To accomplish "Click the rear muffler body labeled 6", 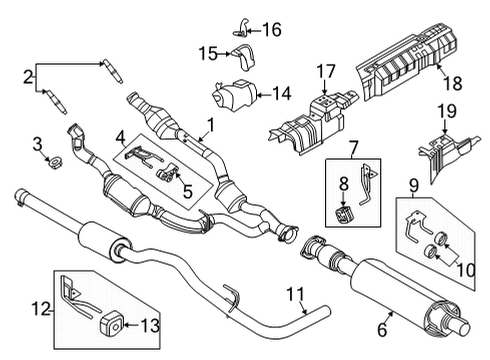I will (x=395, y=290).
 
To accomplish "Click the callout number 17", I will (x=325, y=72).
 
